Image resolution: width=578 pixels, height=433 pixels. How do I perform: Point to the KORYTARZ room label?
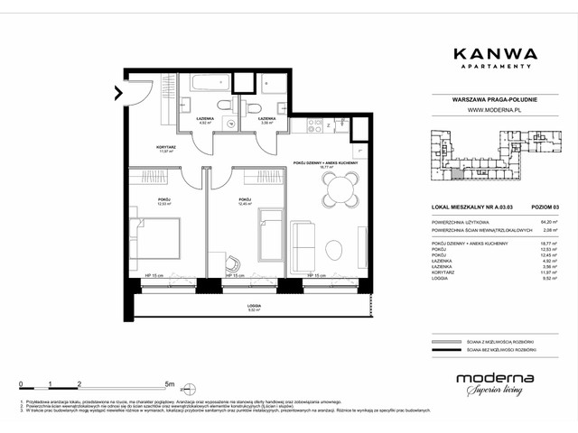coord(164,147)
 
